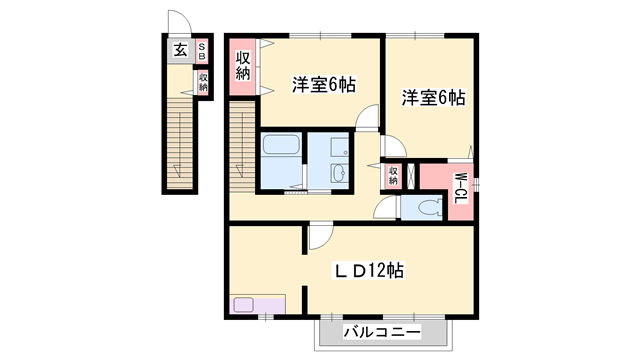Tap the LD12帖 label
point(368,270)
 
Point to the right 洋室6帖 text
point(434,98)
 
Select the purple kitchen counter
point(257,303)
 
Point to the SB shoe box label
point(201,50)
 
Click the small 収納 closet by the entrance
point(202,81)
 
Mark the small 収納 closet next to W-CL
point(393,177)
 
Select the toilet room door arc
point(384,210)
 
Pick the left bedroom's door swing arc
point(367,117)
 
